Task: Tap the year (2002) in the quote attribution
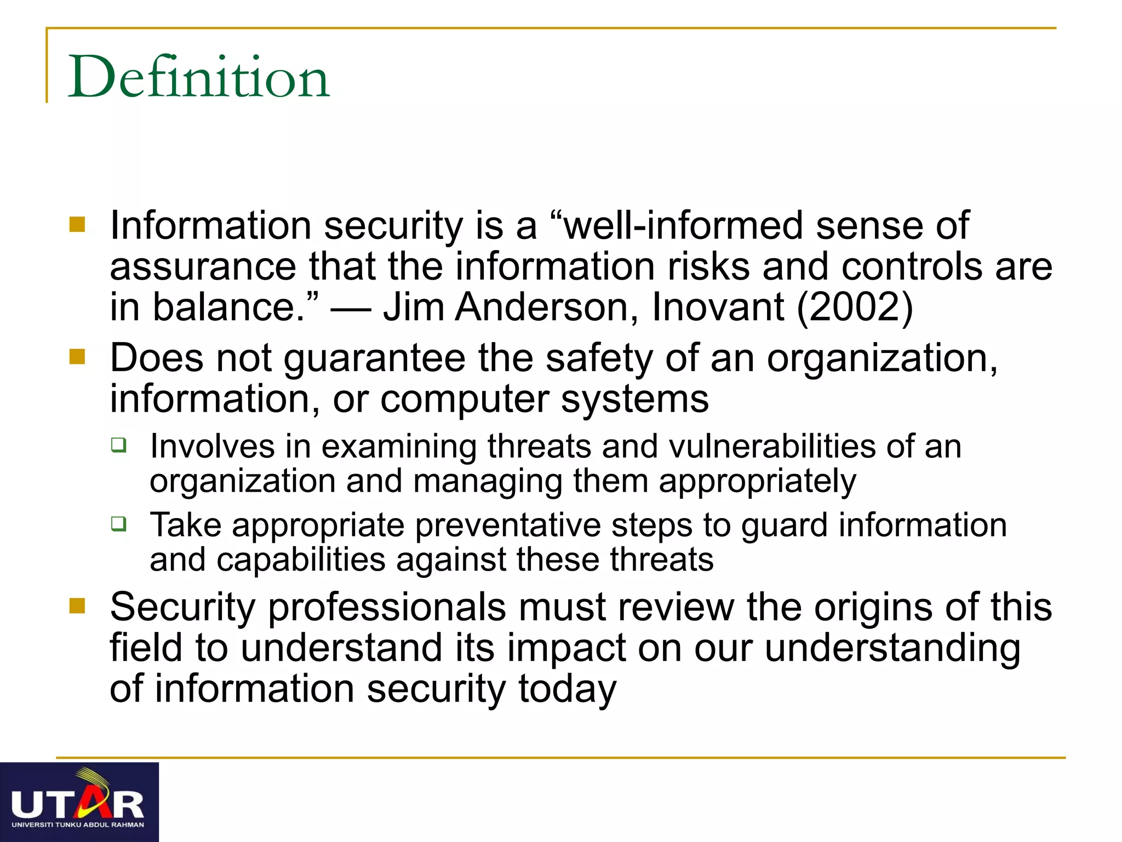[855, 307]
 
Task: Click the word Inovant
[718, 307]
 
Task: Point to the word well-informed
[683, 226]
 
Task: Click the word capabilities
[301, 560]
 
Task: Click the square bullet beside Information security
[77, 224]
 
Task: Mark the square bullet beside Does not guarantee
[77, 357]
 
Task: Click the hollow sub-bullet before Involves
[118, 444]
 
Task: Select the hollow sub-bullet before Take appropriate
[118, 524]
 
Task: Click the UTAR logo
[79, 801]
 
